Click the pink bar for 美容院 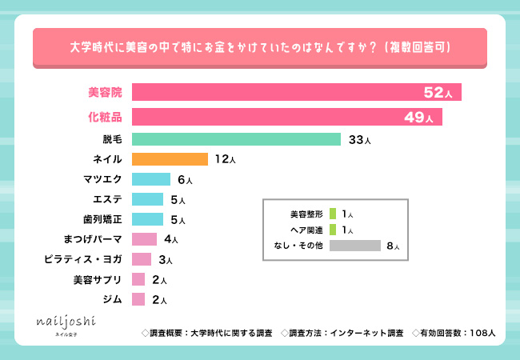[x=296, y=92]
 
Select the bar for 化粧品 [x=286, y=118]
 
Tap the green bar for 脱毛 [x=236, y=139]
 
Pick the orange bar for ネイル [x=170, y=159]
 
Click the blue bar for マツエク [x=150, y=179]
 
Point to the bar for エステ [x=148, y=199]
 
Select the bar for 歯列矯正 [x=148, y=219]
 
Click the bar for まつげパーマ [x=144, y=239]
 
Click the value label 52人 [x=438, y=93]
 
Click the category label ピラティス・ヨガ [x=85, y=259]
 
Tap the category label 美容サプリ [x=98, y=279]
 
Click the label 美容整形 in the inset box [x=306, y=214]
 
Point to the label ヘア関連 [x=307, y=230]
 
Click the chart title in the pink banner [x=260, y=48]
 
